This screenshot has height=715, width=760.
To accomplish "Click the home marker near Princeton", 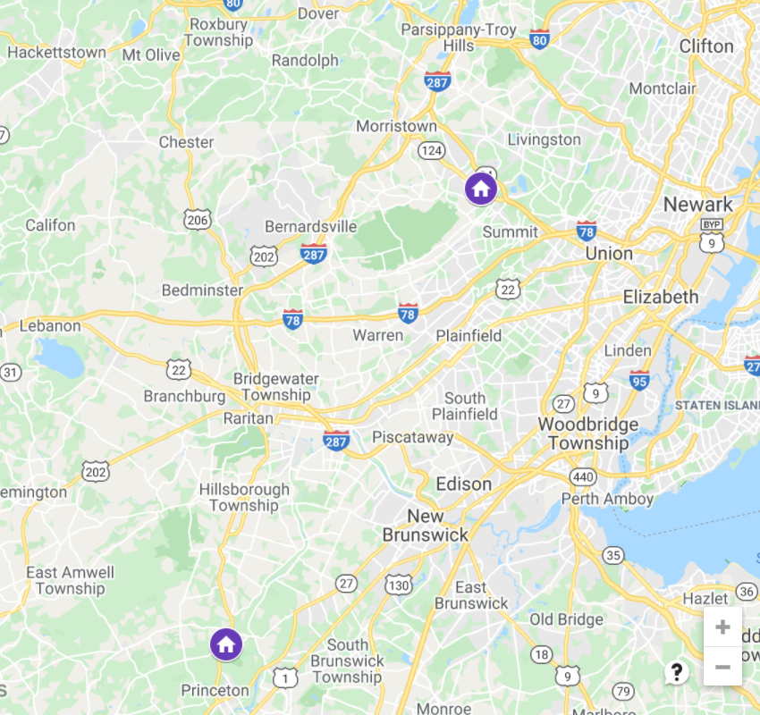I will [x=226, y=643].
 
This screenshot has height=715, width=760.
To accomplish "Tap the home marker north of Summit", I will [x=481, y=189].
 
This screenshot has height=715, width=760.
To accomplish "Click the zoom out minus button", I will [x=722, y=667].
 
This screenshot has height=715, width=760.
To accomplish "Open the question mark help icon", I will [x=677, y=672].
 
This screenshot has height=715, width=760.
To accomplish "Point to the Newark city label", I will [x=697, y=205].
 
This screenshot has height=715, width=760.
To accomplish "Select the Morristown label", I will [x=396, y=126].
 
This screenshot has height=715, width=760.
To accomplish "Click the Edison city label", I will [x=463, y=484].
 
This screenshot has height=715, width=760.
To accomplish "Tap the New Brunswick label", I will [x=426, y=526].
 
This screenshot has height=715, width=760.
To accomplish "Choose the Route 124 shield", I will [x=432, y=150].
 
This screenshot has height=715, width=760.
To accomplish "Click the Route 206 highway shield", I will [x=197, y=219].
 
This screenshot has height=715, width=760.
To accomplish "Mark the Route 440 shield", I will [x=585, y=477].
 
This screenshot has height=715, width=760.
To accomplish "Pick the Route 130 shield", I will [x=399, y=585].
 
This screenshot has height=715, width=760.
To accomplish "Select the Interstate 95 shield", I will [x=639, y=379].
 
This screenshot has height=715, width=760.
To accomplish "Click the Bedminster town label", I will [x=202, y=290].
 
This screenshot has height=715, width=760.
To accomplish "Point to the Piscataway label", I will [x=413, y=438].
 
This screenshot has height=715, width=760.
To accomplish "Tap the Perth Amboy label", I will [x=607, y=499].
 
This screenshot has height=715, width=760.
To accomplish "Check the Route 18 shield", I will [x=541, y=655].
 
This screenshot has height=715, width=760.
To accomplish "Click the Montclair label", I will [x=663, y=88].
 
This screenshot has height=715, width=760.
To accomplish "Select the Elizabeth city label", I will [x=661, y=297].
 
